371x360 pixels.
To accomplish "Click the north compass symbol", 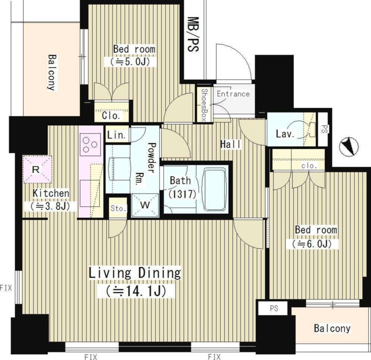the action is [348, 146].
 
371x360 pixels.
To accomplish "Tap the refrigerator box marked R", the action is [37, 169].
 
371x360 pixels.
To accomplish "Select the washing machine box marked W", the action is [145, 205].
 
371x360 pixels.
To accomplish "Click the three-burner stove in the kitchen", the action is [90, 144].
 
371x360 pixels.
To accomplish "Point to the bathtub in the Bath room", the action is [214, 190].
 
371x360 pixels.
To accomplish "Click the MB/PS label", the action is [193, 34].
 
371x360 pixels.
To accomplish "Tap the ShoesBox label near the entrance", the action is [205, 105].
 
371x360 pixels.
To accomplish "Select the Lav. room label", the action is [285, 134].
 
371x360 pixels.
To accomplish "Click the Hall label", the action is [231, 144].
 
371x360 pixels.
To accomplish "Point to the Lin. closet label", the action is [116, 135].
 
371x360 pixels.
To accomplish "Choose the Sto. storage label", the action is [118, 209].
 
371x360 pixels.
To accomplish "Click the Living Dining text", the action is [135, 272].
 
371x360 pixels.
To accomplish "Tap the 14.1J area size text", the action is [136, 291].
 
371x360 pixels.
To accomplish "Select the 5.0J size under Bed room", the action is [130, 61].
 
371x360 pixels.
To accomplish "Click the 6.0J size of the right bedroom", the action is [312, 244].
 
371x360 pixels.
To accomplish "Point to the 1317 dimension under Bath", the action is [183, 194].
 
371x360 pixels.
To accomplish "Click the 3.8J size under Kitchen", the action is [50, 206].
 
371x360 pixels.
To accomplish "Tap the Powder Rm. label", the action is [146, 164].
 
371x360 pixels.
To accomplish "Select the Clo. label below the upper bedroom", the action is [111, 116].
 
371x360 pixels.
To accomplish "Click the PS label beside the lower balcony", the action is [274, 308].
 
